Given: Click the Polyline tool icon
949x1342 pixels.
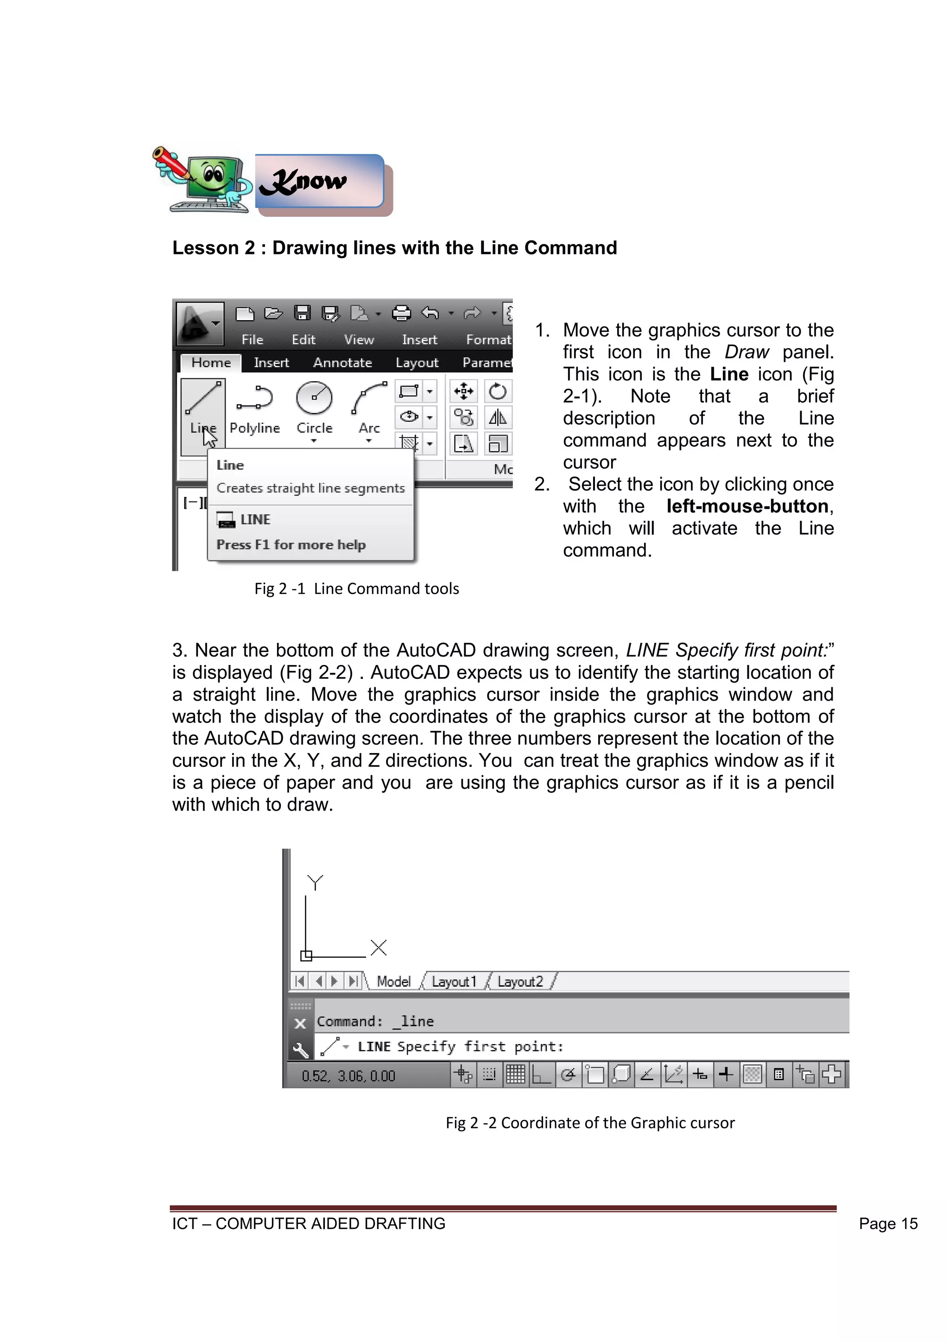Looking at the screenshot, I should (x=255, y=399).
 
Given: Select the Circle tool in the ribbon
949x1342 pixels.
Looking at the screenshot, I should (x=314, y=399).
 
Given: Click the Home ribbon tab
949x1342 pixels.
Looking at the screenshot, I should (x=211, y=362).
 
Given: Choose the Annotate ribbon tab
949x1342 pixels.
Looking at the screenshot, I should (x=342, y=362).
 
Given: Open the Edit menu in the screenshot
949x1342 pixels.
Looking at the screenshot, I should (x=304, y=340).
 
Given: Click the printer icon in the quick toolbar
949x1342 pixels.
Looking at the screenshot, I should (x=401, y=313).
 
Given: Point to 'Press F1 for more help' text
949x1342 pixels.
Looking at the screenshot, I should (x=291, y=545).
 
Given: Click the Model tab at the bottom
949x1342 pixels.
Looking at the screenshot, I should (x=393, y=981).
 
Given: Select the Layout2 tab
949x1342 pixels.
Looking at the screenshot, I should (x=520, y=981).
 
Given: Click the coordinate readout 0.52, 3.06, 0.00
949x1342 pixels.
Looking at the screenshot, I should (x=348, y=1076).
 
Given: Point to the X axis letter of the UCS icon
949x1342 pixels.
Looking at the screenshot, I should (x=379, y=948).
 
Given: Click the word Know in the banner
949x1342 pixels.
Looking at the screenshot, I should (x=304, y=182).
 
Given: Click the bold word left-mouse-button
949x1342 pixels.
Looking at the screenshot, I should (x=747, y=506).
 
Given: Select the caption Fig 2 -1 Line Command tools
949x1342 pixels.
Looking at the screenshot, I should (x=356, y=589).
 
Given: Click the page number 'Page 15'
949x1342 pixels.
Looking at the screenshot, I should (x=888, y=1224).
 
